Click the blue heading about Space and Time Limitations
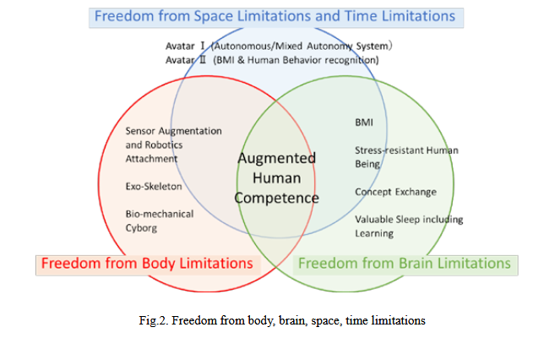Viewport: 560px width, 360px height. [x=275, y=16]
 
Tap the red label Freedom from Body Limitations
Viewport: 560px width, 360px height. [x=147, y=264]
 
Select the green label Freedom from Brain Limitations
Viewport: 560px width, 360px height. [x=405, y=264]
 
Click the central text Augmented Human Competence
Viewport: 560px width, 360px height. [x=277, y=178]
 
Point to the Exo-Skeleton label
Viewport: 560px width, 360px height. [x=154, y=186]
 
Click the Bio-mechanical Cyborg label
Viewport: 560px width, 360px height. [x=160, y=221]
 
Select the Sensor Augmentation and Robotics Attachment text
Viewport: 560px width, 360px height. [x=173, y=145]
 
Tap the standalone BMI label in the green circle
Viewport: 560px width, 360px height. [x=364, y=123]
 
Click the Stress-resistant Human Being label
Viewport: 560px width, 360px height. [x=406, y=157]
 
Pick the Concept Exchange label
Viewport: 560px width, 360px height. [x=395, y=192]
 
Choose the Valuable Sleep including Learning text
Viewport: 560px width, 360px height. [x=409, y=226]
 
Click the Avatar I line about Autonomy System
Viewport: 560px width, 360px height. [x=279, y=46]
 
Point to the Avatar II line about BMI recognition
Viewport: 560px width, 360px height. [x=272, y=60]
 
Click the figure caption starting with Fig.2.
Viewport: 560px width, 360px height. [x=282, y=320]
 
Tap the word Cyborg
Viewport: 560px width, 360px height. [x=141, y=228]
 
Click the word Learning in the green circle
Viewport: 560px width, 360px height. [x=374, y=233]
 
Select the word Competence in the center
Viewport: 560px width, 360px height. [x=277, y=198]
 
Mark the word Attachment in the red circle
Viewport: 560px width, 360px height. [x=151, y=159]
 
